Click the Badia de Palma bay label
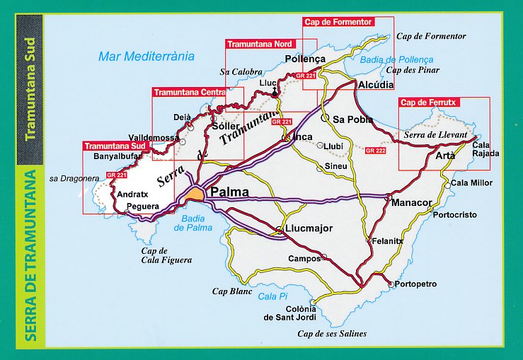[x=194, y=223]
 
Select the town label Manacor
[x=412, y=202]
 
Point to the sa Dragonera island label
[x=74, y=180]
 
